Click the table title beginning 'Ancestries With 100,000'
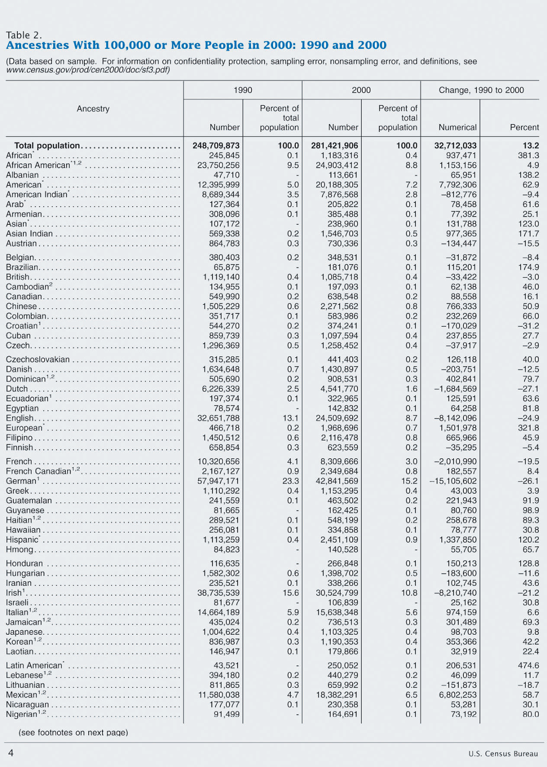[x=196, y=46]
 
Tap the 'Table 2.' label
[x=24, y=35]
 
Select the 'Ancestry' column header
[x=93, y=109]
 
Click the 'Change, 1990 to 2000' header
[x=481, y=90]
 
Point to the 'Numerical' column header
[x=457, y=128]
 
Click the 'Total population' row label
[x=47, y=146]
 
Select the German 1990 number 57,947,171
[x=218, y=481]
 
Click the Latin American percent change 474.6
[x=528, y=665]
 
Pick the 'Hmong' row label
[x=20, y=549]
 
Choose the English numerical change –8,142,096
[x=455, y=418]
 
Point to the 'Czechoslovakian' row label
[x=38, y=360]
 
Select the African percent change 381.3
[x=528, y=155]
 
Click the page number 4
[x=11, y=753]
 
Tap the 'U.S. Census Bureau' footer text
[x=503, y=754]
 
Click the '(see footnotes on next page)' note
[x=73, y=732]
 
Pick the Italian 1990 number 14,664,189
[x=218, y=612]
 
